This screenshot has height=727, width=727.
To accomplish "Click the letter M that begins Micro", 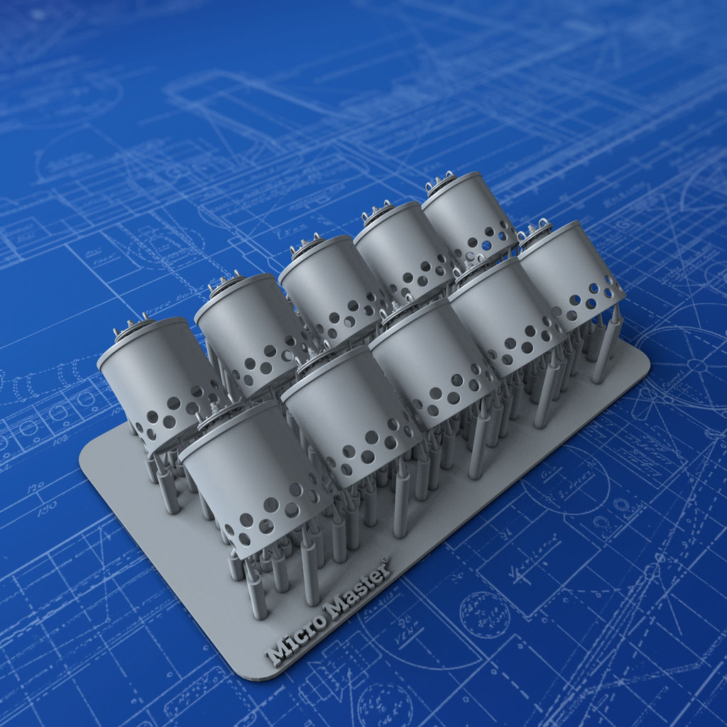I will [275, 654].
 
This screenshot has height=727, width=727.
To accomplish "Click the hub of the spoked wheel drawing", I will [696, 366].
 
